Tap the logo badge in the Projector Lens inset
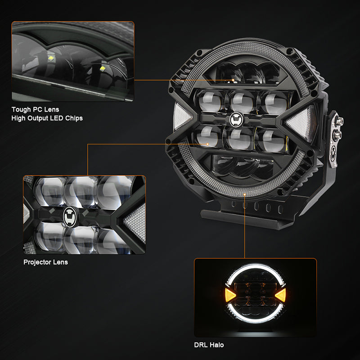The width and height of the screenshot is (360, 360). [70, 217]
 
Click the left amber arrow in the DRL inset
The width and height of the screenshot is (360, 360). [230, 295]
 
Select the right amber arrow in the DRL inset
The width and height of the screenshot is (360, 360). [281, 295]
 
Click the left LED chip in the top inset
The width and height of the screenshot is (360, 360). [51, 59]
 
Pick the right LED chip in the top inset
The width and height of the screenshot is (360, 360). [103, 68]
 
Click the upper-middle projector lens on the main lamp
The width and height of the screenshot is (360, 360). [242, 102]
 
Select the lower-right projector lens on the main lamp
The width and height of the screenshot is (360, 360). [272, 140]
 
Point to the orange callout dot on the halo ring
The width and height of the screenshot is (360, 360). [245, 195]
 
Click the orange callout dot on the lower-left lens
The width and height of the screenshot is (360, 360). [207, 144]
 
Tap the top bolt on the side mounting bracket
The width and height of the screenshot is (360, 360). [339, 120]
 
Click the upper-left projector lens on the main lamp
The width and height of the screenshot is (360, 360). [210, 101]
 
